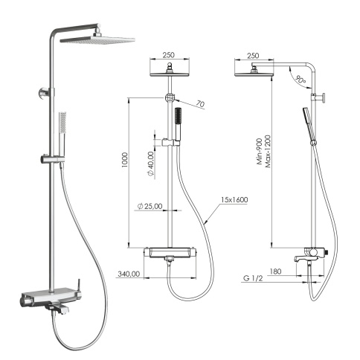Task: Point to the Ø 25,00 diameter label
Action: coord(150,205)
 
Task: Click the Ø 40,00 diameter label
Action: coord(150,163)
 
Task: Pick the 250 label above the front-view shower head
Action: coord(170,56)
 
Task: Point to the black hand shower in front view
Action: coord(179,120)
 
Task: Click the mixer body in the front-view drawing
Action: coord(171,254)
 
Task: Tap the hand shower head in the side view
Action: coord(306,120)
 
